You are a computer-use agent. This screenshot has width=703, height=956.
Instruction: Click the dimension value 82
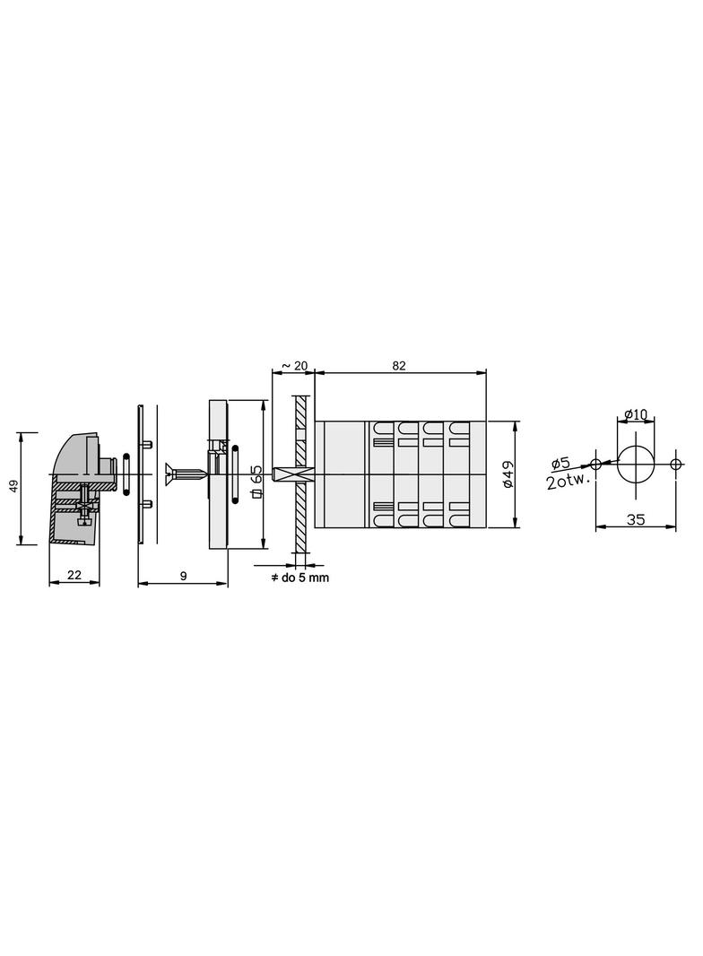[x=399, y=366]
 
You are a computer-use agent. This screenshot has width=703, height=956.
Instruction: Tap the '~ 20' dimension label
[x=294, y=366]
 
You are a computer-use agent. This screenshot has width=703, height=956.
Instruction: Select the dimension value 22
[x=74, y=575]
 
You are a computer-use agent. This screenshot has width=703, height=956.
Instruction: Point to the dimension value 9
[x=184, y=576]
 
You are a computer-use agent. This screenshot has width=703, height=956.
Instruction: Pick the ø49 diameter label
[x=508, y=474]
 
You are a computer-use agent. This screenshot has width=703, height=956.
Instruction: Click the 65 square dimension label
[x=256, y=481]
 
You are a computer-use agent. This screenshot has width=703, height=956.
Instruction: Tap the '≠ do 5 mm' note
[x=299, y=578]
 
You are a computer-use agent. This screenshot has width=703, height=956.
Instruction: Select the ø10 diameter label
[x=636, y=414]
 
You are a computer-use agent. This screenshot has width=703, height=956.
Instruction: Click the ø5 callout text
[x=560, y=464]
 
